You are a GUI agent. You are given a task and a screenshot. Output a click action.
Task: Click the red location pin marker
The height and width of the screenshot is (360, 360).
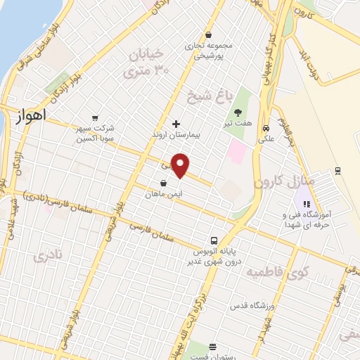(x=181, y=165)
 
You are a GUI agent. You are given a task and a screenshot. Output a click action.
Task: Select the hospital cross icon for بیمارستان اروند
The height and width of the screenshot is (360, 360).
(x=176, y=124)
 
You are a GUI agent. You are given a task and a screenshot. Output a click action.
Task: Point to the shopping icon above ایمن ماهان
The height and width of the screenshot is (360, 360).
(x=163, y=183)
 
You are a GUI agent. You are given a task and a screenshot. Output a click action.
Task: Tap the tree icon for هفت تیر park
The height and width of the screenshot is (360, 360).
(x=238, y=112)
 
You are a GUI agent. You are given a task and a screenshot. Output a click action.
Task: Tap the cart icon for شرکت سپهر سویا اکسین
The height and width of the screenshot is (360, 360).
(x=94, y=119)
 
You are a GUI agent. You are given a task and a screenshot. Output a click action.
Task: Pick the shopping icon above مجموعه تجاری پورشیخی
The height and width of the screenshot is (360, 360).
(x=208, y=34)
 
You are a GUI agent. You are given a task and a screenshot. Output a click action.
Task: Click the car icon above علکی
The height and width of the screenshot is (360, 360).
(x=265, y=129)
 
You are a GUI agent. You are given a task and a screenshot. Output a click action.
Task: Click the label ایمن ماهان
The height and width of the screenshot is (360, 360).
(x=163, y=193)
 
